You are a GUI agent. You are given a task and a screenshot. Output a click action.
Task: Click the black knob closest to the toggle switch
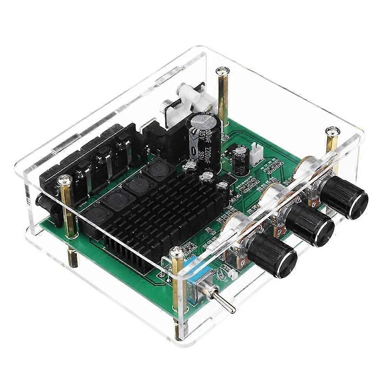(x=273, y=254)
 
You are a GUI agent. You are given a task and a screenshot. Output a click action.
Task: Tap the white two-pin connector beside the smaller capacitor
(x=257, y=153)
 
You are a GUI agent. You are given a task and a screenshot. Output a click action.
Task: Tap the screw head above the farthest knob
(x=333, y=131)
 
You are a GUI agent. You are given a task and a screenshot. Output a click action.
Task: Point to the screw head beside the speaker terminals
(x=64, y=181)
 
